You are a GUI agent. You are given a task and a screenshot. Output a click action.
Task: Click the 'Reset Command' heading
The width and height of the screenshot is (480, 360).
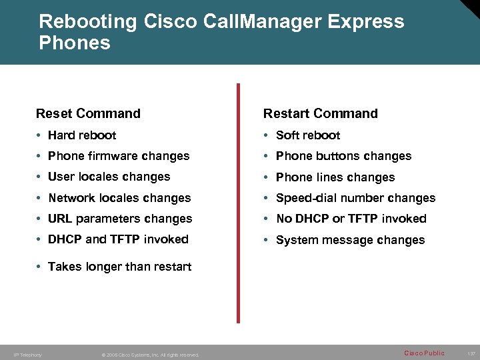point(88,113)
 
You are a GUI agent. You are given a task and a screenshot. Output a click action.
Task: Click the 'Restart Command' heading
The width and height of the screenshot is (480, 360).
point(320,113)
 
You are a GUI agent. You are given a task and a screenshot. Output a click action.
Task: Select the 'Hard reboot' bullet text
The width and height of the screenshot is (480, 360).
point(82,135)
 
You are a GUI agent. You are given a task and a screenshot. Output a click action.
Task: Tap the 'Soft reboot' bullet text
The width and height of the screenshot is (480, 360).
point(308,135)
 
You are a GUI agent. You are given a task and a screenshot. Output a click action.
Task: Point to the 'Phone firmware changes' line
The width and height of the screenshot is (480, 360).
point(119,156)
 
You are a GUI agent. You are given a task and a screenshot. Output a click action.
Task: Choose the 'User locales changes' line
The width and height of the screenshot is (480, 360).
point(109,177)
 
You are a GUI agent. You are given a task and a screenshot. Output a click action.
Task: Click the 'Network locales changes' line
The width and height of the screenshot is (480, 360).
point(119,198)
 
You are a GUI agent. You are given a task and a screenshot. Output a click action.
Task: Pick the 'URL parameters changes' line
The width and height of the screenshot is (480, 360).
point(120,219)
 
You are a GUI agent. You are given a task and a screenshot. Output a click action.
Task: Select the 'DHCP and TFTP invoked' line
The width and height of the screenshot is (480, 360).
point(118,239)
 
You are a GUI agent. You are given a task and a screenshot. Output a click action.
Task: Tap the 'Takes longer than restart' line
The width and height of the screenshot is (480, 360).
point(119,267)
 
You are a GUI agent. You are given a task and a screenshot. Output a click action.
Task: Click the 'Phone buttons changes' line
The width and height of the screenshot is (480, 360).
point(343,156)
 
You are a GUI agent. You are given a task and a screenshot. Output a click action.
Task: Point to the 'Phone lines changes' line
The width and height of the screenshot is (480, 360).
point(335,177)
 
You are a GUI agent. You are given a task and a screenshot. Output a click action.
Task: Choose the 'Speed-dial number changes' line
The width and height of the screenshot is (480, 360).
point(355,198)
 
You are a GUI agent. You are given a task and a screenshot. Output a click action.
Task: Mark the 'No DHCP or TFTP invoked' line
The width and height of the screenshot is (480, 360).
point(351,219)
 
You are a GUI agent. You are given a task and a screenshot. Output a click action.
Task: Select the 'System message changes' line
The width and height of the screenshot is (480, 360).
point(350,240)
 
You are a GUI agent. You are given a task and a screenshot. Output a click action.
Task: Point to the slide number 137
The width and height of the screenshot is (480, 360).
point(471,353)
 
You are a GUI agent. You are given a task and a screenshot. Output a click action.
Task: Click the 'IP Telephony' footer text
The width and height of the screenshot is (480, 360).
point(28,355)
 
